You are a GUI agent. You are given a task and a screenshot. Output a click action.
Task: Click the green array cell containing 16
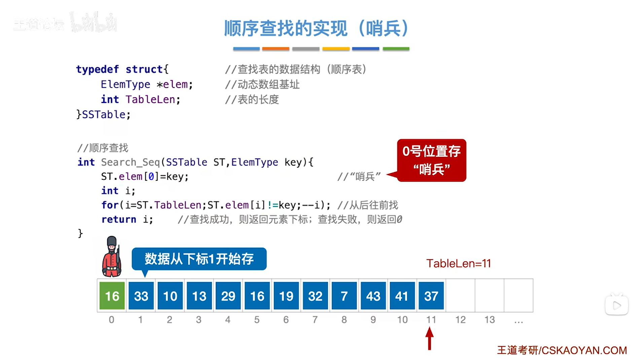coord(112,296)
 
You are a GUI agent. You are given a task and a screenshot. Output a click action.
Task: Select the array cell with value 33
coord(141,296)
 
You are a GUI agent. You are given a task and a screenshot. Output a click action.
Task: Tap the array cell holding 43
coord(373,296)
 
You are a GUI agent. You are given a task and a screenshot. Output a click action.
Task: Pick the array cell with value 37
coord(431,296)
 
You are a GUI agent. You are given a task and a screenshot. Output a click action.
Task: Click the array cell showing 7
coord(344,296)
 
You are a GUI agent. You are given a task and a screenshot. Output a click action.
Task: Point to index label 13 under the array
coord(490,320)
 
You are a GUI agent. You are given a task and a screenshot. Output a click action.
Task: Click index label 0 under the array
coord(111,320)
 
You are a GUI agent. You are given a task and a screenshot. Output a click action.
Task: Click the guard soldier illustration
coord(112,257)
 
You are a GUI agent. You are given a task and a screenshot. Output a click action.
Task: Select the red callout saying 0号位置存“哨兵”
coord(431,160)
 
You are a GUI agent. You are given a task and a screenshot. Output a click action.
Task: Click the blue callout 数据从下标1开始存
coord(199,259)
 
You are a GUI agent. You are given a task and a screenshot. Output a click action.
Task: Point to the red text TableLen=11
coord(458,263)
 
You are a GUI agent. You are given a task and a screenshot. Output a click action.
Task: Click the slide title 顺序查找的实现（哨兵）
coord(316,28)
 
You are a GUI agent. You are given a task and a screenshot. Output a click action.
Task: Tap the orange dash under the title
coord(276,49)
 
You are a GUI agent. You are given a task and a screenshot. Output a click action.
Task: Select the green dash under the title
coord(396,49)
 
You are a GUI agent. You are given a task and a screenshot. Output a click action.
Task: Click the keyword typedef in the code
coord(97,69)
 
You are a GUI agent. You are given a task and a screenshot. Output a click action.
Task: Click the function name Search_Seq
coord(130,162)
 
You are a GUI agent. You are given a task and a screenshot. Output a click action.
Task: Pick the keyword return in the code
coord(119,219)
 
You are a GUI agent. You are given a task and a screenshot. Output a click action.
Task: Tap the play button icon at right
coord(616,305)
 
